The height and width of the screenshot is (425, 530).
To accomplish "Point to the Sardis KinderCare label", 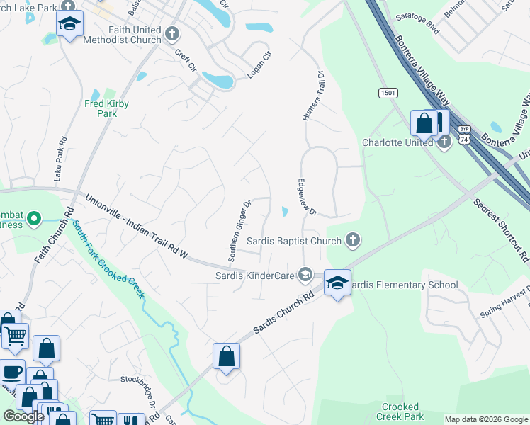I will coord(256,274).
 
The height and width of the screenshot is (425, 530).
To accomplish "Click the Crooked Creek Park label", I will coord(400,412).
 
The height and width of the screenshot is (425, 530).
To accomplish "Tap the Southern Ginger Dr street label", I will coord(239,220).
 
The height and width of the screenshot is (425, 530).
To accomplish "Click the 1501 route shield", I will coord(388,93).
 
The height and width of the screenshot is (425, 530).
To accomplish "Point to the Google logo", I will coord(24,416).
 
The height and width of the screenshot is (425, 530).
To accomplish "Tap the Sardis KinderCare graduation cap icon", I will coord(305,274).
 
